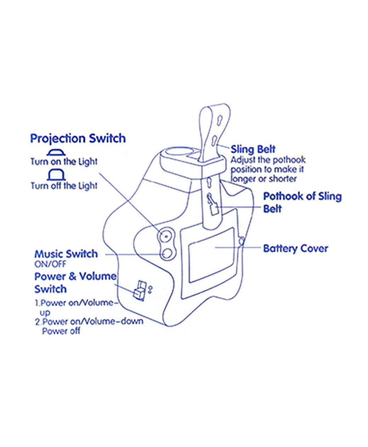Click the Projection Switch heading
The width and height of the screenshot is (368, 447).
(78, 138)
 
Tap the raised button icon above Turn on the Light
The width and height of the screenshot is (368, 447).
(57, 152)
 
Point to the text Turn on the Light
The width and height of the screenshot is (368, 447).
(64, 162)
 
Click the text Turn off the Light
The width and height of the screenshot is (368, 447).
(64, 185)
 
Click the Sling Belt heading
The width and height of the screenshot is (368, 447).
(253, 149)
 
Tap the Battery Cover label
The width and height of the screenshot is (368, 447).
(295, 248)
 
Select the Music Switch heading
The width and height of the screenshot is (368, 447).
(66, 254)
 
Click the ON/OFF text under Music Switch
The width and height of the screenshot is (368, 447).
(50, 264)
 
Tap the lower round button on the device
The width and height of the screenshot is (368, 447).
(167, 252)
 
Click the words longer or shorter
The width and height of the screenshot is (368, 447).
(264, 179)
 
